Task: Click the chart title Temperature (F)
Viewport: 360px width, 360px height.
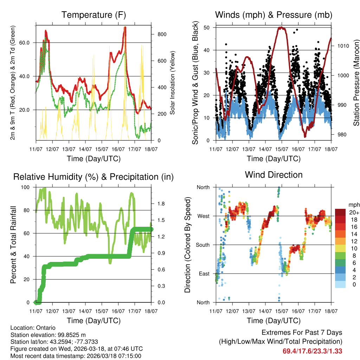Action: coord(94,15)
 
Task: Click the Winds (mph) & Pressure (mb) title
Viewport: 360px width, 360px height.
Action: coord(274,15)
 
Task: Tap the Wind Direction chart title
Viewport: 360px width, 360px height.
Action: coord(274,175)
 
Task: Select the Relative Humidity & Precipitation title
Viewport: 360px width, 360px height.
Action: coord(94,177)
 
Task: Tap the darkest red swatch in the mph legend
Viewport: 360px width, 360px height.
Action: coord(340,212)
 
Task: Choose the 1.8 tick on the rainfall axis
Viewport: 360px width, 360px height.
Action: coord(162,204)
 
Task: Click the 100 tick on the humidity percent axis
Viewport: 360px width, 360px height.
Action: coord(26,187)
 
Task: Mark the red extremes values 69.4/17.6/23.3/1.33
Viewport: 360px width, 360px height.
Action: coord(312,351)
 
